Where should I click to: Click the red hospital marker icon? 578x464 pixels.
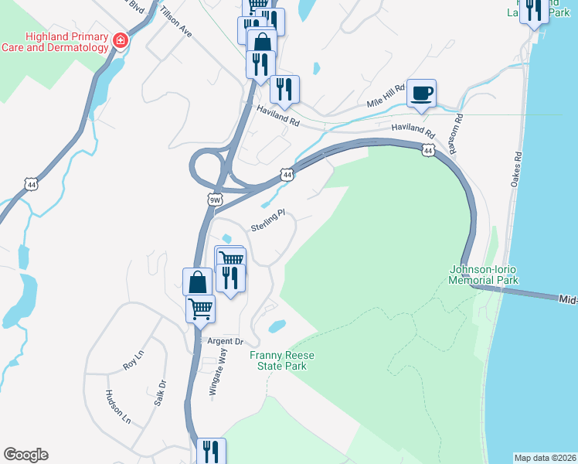(120, 40)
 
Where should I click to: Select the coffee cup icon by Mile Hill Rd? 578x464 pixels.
(421, 94)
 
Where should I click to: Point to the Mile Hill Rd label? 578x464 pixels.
(386, 97)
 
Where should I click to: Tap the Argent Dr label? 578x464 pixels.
(223, 341)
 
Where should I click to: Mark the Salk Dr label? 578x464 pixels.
(161, 392)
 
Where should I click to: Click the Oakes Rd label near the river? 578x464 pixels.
(516, 169)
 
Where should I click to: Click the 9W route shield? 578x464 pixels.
(215, 200)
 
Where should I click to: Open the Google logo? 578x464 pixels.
(26, 455)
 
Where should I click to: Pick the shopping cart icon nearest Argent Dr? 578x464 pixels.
(200, 309)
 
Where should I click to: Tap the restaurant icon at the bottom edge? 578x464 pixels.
(211, 452)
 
